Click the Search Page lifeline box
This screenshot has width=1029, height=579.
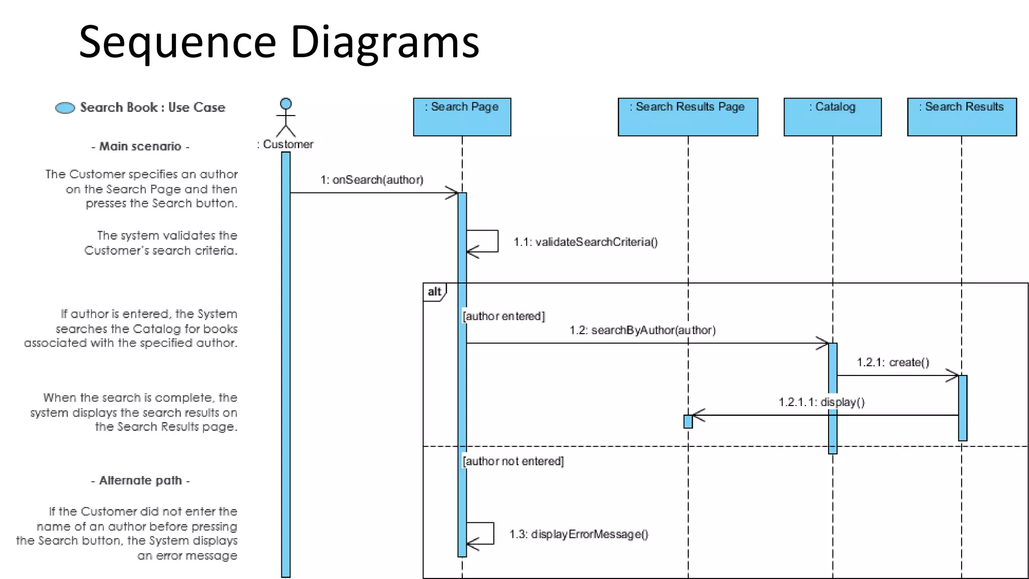pyautogui.click(x=462, y=117)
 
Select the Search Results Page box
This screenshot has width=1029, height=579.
pyautogui.click(x=687, y=117)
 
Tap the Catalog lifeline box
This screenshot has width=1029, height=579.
pyautogui.click(x=832, y=117)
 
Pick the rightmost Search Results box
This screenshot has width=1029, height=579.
pyautogui.click(x=961, y=117)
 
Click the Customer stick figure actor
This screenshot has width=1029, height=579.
pyautogui.click(x=286, y=118)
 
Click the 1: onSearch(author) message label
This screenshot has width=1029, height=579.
pyautogui.click(x=372, y=180)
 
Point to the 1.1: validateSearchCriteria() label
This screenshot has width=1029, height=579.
pyautogui.click(x=585, y=242)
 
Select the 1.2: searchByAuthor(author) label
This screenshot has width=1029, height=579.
pyautogui.click(x=642, y=330)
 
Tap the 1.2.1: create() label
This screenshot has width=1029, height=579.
pyautogui.click(x=893, y=362)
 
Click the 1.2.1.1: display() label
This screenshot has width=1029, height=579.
pyautogui.click(x=821, y=402)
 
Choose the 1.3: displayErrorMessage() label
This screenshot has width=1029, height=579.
pyautogui.click(x=579, y=534)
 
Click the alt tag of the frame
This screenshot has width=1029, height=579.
pyautogui.click(x=434, y=292)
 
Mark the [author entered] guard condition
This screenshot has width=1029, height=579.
pyautogui.click(x=503, y=316)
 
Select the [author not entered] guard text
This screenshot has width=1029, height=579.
pyautogui.click(x=513, y=461)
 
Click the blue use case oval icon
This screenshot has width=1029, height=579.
pyautogui.click(x=65, y=108)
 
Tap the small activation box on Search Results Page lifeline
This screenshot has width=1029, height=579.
pyautogui.click(x=688, y=421)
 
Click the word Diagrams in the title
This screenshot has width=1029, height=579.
pyautogui.click(x=385, y=42)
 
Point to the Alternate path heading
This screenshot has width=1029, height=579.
pyautogui.click(x=140, y=480)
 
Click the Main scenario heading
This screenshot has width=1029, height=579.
pyautogui.click(x=140, y=146)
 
